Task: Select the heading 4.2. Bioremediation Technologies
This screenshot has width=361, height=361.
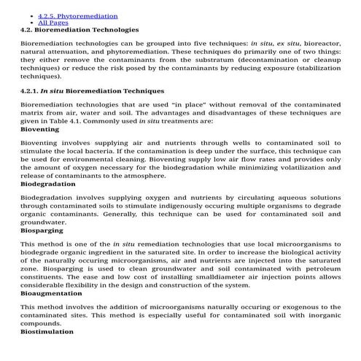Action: tap(79, 30)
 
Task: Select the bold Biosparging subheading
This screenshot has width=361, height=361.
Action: tap(42, 230)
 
